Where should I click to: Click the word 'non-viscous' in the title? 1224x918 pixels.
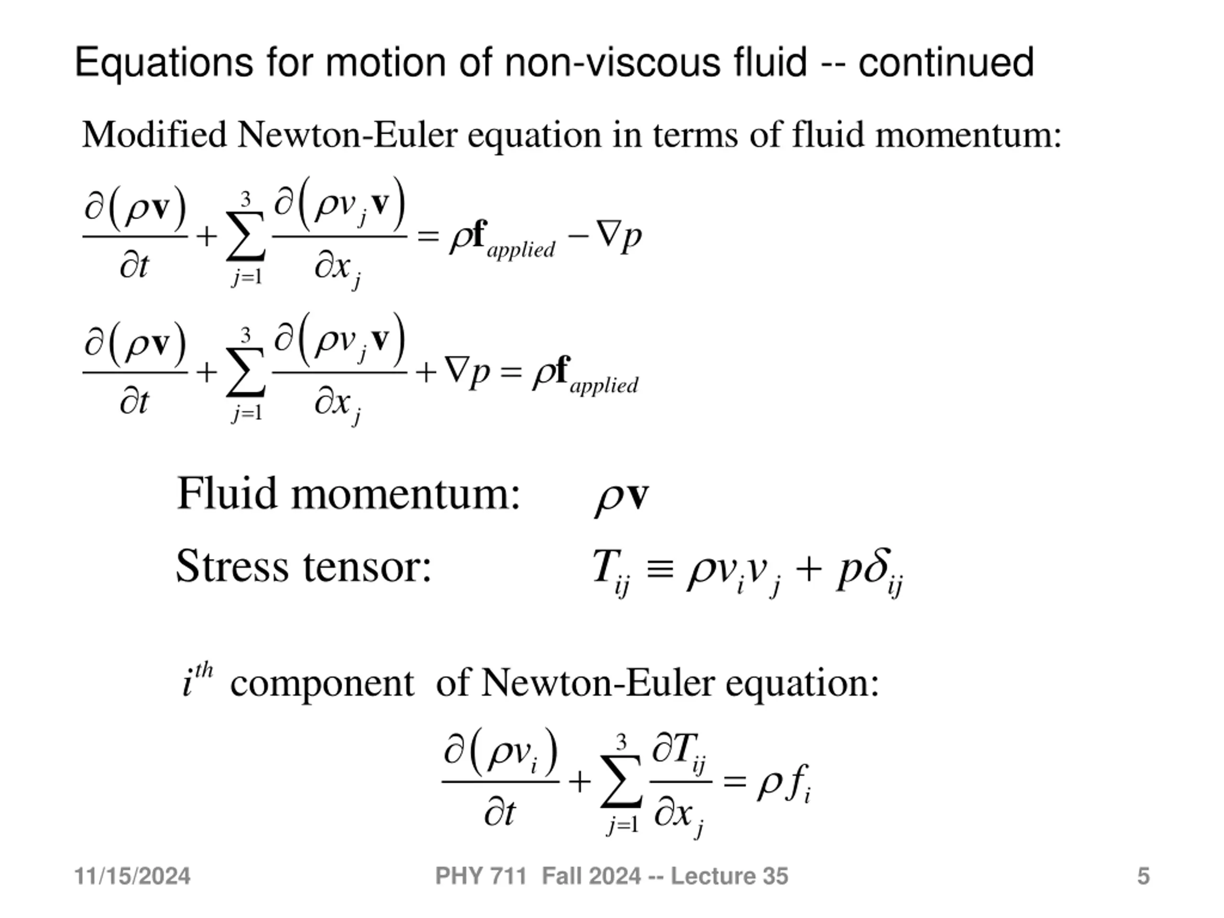612,62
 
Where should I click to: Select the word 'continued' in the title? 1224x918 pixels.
946,62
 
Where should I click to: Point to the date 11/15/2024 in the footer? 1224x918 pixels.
132,876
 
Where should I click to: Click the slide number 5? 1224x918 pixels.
1143,876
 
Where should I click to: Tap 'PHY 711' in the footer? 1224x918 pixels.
481,876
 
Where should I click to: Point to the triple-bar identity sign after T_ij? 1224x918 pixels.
660,568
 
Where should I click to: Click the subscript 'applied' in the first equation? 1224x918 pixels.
521,250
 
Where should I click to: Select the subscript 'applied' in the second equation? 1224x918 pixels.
604,386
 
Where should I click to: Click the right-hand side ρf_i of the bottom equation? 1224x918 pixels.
783,784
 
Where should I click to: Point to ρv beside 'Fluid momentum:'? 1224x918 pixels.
622,496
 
